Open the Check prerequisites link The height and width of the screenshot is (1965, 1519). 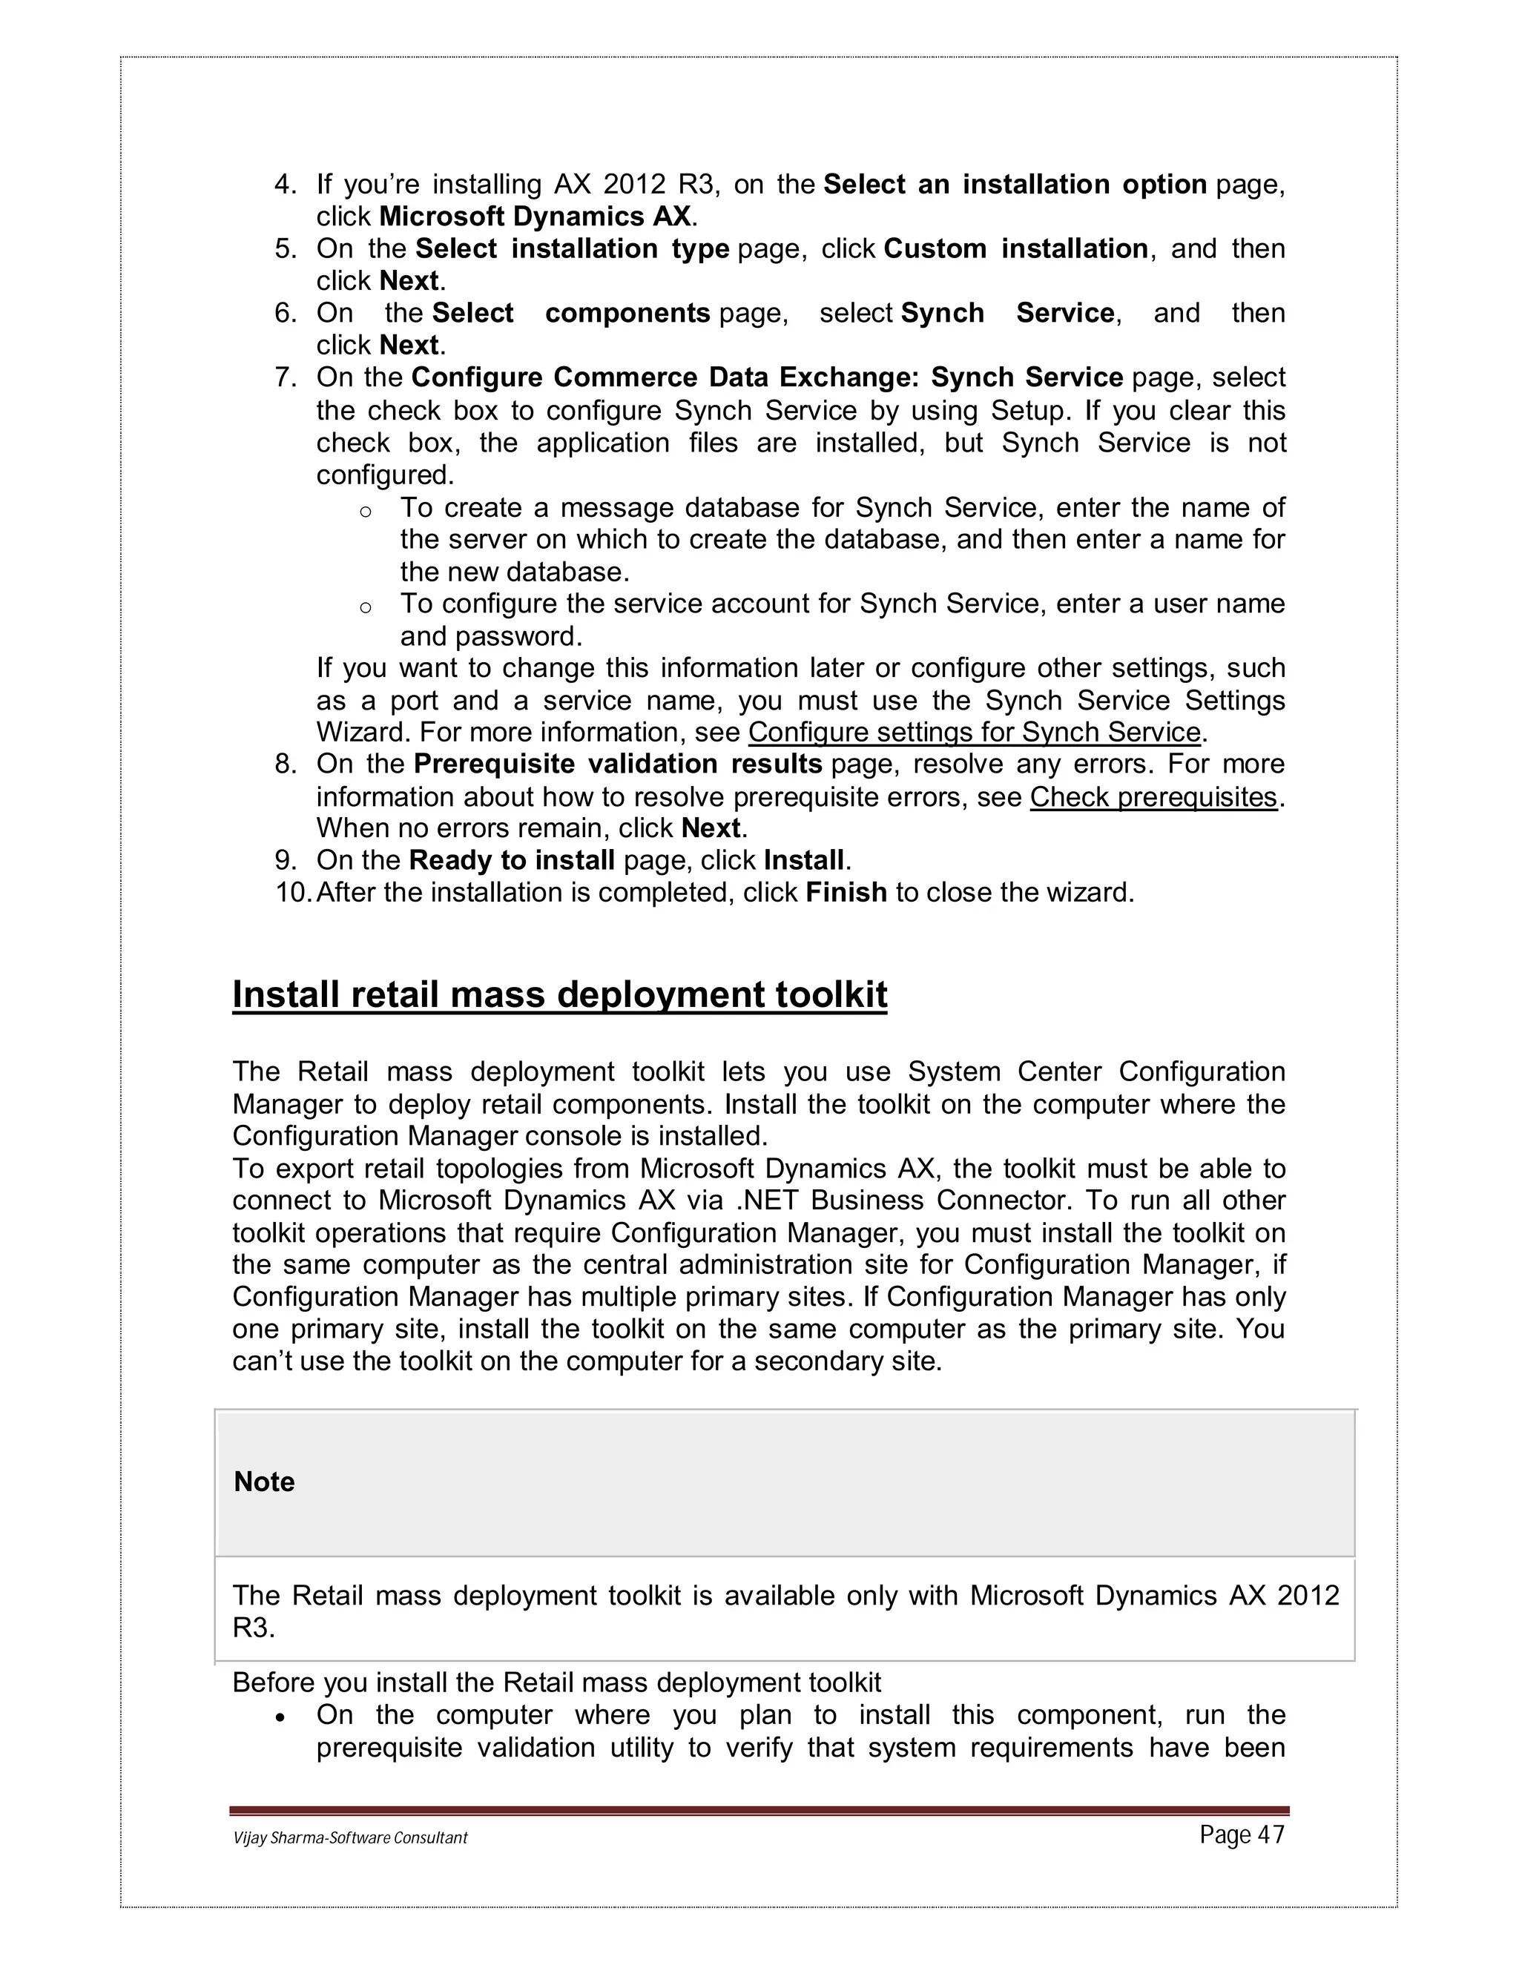pyautogui.click(x=1153, y=797)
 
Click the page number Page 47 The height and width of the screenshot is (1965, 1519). pyautogui.click(x=1241, y=1834)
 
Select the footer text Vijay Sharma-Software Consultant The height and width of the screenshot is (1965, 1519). pyautogui.click(x=350, y=1837)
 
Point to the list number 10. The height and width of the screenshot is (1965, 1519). pyautogui.click(x=291, y=893)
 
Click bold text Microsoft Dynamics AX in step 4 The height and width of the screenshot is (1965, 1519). pyautogui.click(x=535, y=217)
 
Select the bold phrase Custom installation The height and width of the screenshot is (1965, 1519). pyautogui.click(x=1015, y=249)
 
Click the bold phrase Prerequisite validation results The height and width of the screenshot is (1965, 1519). pyautogui.click(x=617, y=764)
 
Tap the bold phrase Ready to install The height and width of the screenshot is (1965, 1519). pyautogui.click(x=511, y=861)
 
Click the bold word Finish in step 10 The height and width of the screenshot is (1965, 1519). pyautogui.click(x=846, y=893)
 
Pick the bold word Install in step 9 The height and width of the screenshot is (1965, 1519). pyautogui.click(x=803, y=861)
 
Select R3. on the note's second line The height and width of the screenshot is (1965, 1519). pyautogui.click(x=253, y=1628)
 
